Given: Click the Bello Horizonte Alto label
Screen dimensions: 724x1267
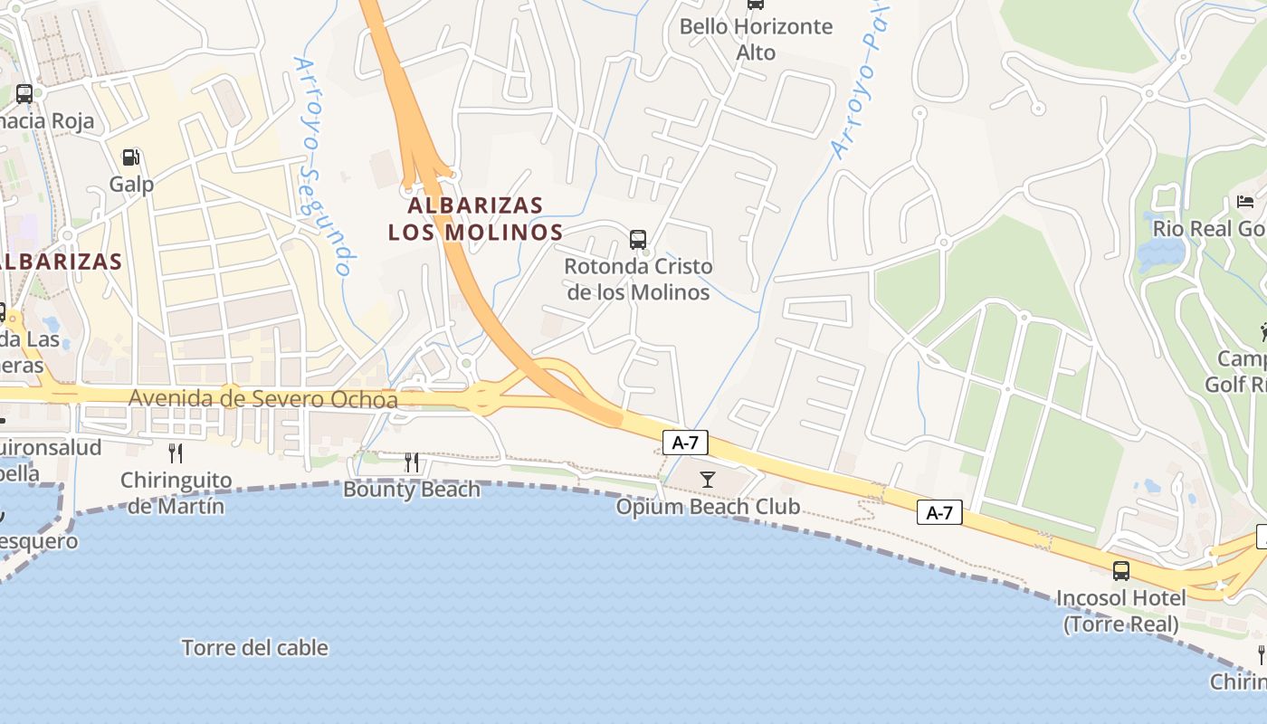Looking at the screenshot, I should click(756, 39).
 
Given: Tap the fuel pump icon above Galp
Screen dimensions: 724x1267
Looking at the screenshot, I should click(131, 157).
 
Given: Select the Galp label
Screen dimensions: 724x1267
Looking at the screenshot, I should click(131, 184).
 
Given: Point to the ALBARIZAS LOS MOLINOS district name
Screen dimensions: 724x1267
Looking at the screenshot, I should click(475, 218).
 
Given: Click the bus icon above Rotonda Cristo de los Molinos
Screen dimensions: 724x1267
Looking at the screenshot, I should click(638, 240).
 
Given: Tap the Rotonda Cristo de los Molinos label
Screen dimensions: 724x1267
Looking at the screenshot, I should click(638, 280).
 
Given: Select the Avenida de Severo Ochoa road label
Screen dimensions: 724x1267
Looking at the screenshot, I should click(262, 398).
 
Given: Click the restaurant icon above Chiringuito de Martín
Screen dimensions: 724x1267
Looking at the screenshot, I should click(176, 452).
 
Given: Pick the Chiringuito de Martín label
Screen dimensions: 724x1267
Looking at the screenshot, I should click(176, 492).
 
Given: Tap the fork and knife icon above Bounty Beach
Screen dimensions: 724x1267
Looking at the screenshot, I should click(412, 462).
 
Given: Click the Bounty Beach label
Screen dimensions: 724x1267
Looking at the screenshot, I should click(412, 490).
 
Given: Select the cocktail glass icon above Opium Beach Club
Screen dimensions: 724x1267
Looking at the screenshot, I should click(708, 479).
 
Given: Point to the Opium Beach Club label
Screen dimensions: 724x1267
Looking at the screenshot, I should click(708, 506).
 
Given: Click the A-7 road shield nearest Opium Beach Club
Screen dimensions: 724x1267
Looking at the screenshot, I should click(685, 443).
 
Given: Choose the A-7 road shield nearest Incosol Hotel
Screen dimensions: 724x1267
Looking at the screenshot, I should click(939, 513).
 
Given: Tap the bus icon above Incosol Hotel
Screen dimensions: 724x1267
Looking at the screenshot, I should click(1121, 571).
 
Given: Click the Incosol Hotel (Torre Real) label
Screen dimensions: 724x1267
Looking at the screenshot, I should click(1121, 611).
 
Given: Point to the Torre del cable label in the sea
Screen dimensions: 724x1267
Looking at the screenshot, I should click(255, 648).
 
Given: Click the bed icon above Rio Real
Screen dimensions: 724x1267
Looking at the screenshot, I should click(1246, 201).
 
